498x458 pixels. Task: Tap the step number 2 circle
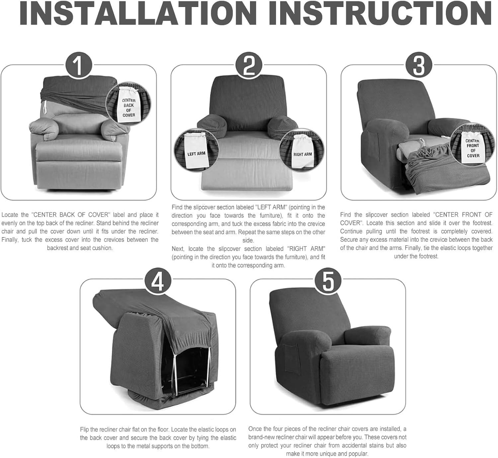[249, 65]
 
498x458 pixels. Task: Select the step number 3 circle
[419, 65]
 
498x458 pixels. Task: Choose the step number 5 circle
[328, 282]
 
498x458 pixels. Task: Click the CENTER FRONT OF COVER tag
[472, 148]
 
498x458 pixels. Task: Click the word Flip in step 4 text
[85, 429]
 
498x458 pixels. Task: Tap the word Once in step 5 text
[255, 429]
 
